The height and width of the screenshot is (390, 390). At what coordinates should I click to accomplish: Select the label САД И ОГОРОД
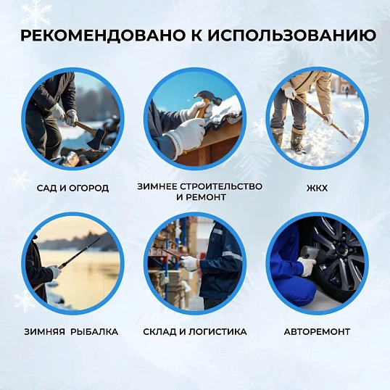point(72,188)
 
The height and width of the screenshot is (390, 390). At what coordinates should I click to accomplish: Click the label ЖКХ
point(317,188)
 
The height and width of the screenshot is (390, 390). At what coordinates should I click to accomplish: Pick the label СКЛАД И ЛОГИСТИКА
point(194,331)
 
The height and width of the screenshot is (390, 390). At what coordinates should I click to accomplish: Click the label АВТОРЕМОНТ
point(318,331)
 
